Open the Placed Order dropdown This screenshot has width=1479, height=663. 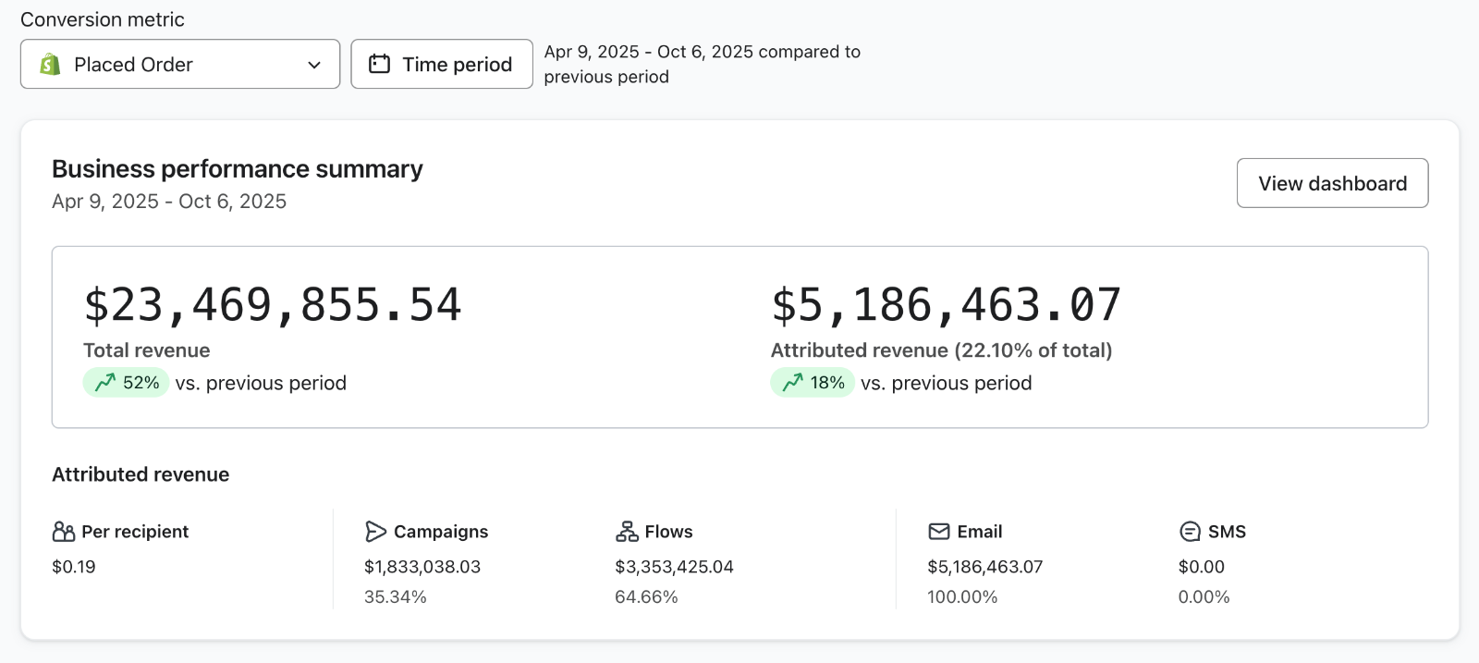179,64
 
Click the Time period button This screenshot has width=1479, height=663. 442,64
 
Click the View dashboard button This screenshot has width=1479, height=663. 1332,183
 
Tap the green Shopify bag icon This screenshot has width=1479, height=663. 50,64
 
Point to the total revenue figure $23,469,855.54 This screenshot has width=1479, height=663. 272,305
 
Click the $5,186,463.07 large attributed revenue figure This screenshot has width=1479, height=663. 946,305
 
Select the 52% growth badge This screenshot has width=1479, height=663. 126,383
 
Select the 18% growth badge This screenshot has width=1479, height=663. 813,383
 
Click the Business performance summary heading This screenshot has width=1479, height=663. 237,169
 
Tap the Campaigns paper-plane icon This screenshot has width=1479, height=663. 375,532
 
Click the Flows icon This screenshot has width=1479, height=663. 627,532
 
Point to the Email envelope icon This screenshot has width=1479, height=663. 939,532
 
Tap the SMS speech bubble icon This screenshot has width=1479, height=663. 1190,532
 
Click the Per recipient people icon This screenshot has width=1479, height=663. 64,532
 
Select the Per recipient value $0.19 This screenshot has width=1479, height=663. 74,567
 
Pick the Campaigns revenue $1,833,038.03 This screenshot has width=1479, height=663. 422,567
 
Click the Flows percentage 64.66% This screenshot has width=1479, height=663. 646,597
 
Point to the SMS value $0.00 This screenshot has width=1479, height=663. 1201,567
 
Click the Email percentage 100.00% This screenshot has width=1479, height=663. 962,597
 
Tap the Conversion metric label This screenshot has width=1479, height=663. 103,19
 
